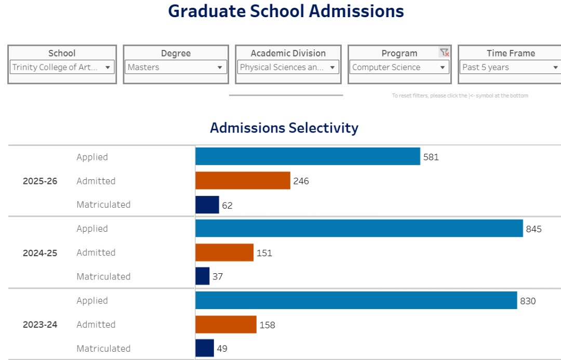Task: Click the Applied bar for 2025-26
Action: [x=308, y=156]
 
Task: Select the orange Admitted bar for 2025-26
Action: [x=243, y=181]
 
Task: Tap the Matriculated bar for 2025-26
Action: [x=207, y=205]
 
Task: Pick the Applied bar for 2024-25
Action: [x=359, y=229]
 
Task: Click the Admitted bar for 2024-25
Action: [x=224, y=252]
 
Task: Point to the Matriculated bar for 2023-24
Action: [x=205, y=348]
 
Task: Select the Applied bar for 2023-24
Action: [x=356, y=300]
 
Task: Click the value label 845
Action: [x=533, y=229]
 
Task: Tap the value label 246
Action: [x=301, y=181]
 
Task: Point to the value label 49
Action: [x=222, y=349]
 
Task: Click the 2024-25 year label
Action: [x=40, y=253]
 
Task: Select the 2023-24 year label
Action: [x=40, y=325]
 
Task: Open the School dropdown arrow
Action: [x=108, y=68]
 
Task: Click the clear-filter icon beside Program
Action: [x=444, y=52]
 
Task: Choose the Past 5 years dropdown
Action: [x=510, y=68]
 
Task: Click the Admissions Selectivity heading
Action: [x=284, y=128]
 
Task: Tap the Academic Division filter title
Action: [x=288, y=53]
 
